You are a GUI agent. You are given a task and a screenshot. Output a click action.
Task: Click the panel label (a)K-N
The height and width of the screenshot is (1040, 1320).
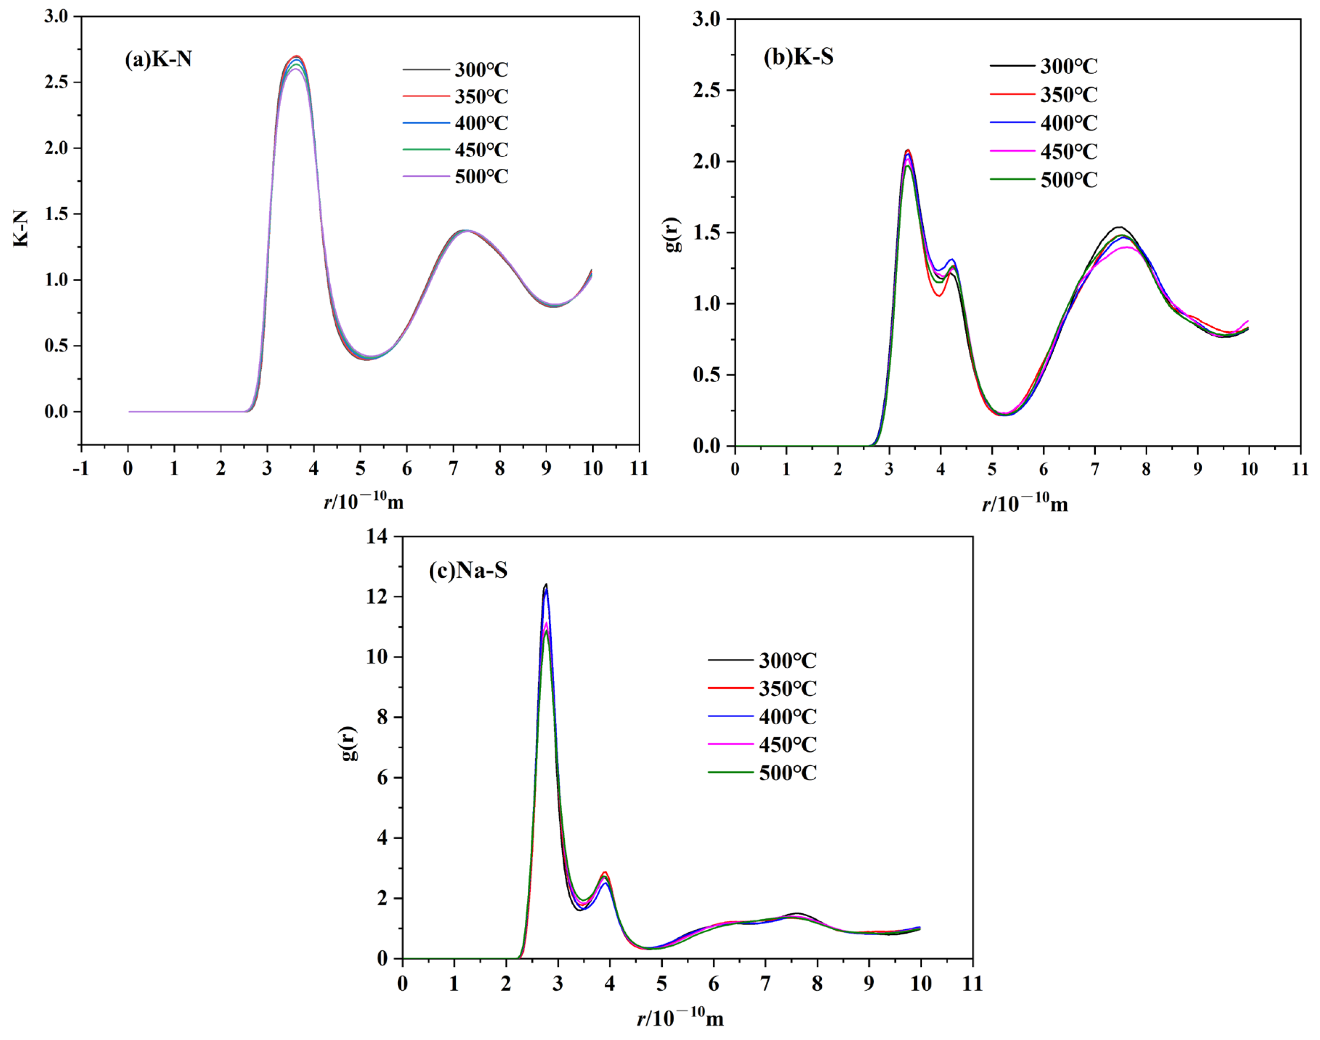pos(158,59)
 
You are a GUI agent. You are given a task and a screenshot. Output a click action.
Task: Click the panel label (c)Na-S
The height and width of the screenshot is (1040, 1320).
pos(467,570)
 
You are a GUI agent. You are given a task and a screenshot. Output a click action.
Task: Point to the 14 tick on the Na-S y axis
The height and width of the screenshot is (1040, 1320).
pos(377,536)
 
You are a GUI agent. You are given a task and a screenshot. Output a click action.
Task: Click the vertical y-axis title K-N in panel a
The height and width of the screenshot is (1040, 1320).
pos(21,228)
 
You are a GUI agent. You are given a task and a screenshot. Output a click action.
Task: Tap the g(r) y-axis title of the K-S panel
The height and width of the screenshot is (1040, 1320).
pos(673,234)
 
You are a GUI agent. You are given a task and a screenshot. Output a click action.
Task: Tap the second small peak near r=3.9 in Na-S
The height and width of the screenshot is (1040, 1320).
pos(605,873)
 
